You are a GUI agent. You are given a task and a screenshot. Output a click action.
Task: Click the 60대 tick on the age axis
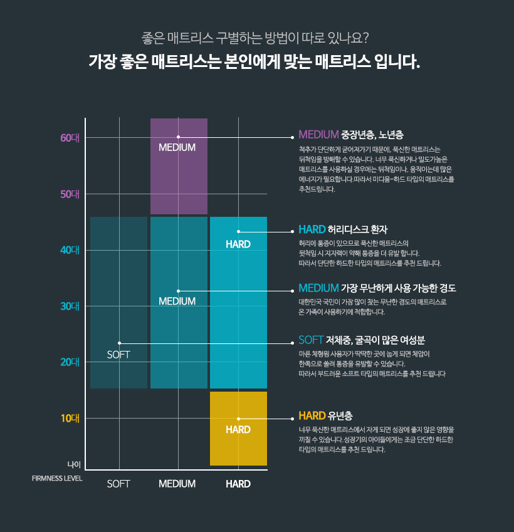70,138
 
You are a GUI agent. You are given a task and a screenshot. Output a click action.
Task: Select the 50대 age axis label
70,194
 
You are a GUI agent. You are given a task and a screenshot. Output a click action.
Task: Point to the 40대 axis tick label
70,250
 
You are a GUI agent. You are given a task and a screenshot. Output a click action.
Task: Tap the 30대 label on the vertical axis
70,306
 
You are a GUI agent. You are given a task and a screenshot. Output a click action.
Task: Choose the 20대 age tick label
70,362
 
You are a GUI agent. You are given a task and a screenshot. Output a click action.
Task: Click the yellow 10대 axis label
70,418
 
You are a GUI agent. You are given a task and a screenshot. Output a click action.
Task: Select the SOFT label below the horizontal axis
118,484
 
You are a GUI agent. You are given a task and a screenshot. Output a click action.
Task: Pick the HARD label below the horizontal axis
238,484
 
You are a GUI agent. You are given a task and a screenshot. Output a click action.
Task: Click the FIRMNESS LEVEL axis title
57,478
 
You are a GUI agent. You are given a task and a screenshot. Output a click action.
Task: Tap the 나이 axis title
75,464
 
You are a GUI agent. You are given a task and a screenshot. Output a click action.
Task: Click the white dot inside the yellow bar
238,419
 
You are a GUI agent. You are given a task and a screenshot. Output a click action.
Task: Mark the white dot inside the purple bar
178,137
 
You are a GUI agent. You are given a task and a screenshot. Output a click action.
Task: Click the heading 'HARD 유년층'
325,415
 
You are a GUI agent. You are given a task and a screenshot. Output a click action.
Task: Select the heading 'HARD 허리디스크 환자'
347,229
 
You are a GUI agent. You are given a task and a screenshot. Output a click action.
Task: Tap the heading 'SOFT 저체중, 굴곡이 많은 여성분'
362,340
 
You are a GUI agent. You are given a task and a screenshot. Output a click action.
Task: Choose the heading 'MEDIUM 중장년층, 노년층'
351,134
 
